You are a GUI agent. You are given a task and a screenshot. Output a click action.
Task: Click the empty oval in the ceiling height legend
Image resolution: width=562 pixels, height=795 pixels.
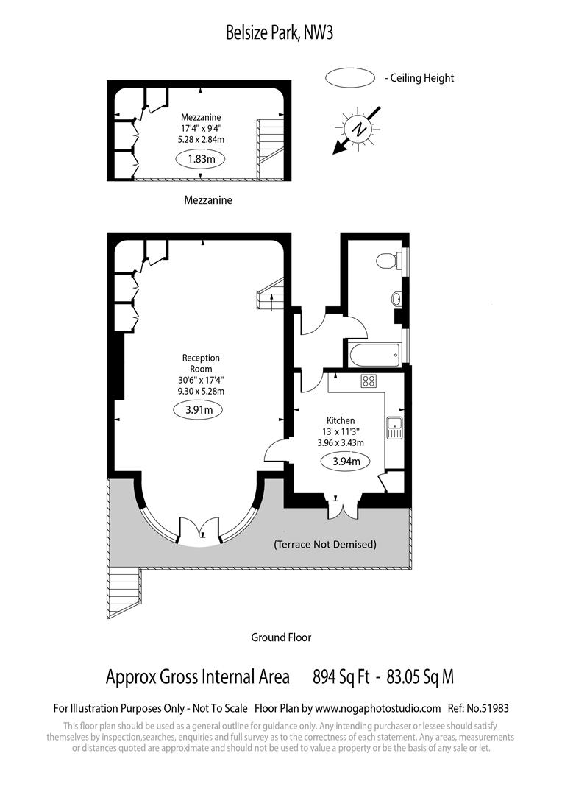click(x=350, y=78)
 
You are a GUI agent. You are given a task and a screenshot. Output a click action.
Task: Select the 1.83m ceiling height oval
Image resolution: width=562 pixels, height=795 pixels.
click(x=201, y=158)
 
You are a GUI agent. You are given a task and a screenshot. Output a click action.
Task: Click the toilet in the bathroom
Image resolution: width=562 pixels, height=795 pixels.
click(x=387, y=261)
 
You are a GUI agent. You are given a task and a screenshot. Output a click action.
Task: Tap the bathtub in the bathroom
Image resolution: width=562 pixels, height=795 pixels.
click(x=374, y=355)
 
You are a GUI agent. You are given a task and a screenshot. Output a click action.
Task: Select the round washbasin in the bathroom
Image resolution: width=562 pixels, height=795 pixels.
click(x=396, y=300)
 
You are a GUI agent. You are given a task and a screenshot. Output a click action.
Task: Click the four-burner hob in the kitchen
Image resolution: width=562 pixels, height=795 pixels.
click(x=369, y=381)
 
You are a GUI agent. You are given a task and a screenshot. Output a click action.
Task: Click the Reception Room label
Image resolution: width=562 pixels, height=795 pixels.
click(x=201, y=363)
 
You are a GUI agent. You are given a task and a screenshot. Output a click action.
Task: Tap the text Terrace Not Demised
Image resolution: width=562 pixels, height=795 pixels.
click(x=324, y=545)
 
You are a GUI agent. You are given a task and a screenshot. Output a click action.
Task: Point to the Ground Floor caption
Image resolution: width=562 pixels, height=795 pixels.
click(x=281, y=637)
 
